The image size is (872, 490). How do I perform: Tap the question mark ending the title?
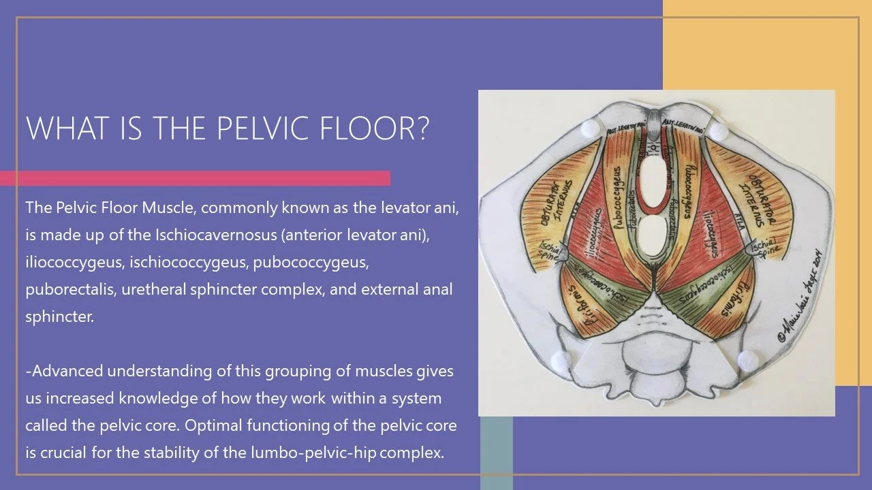point(422,128)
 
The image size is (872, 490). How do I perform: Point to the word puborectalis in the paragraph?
point(64,289)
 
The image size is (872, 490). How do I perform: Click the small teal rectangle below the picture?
point(497,452)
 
